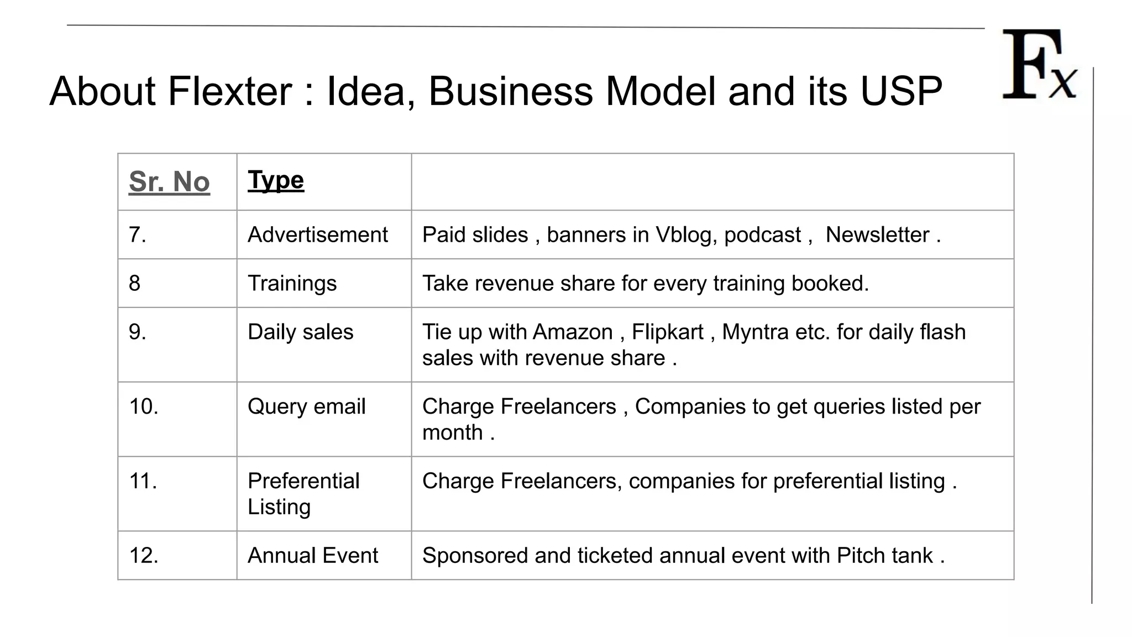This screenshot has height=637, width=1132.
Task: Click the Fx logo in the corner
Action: point(1039,65)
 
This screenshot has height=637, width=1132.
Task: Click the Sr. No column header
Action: point(169,182)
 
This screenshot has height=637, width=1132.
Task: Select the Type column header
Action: point(276,180)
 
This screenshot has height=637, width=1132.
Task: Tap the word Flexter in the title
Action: point(229,91)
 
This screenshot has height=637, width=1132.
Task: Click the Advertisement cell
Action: point(317,235)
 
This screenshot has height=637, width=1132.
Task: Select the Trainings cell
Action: point(292,284)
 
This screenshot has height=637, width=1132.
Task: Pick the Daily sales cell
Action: point(300,332)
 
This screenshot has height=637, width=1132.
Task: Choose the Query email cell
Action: point(306,407)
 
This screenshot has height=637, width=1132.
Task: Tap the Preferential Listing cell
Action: point(303,494)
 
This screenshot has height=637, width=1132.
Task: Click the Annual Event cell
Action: point(312,556)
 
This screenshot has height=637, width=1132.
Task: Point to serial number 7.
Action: point(137,235)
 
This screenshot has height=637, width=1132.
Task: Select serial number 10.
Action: point(143,407)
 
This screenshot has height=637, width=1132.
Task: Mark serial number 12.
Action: point(143,556)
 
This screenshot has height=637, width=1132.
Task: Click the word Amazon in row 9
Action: point(573,332)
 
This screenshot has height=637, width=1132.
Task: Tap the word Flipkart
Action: point(667,332)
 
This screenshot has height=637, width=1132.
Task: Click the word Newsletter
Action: point(877,235)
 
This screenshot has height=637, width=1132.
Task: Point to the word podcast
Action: point(762,235)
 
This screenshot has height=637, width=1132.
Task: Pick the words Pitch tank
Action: point(884,556)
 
